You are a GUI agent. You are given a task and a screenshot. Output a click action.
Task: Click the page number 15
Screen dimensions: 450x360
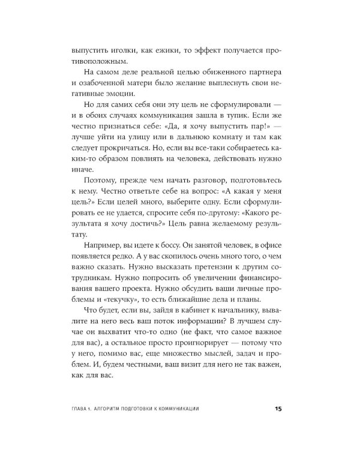point(278,409)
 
